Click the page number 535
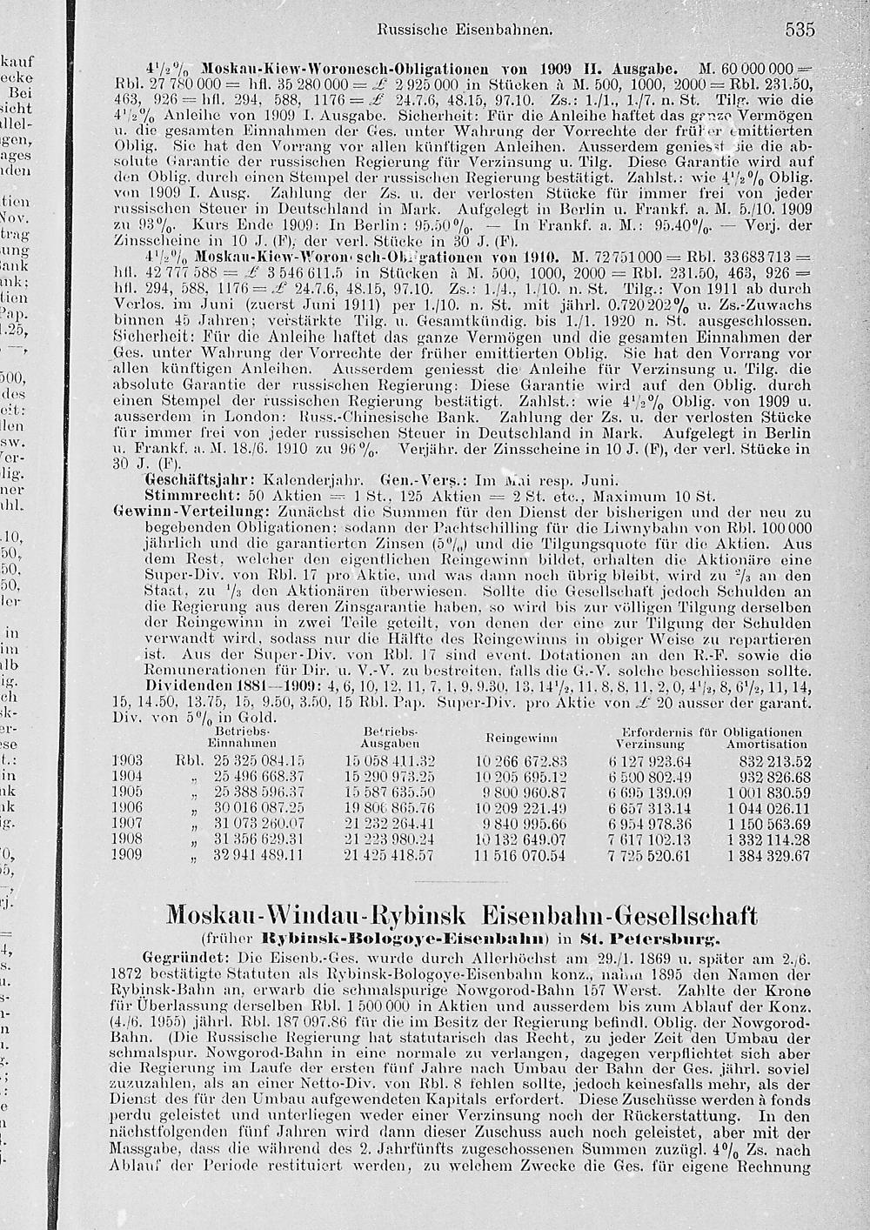point(800,30)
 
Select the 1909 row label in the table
point(127,856)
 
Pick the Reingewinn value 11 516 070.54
point(521,856)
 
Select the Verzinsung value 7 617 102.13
point(650,840)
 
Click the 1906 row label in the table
point(127,809)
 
